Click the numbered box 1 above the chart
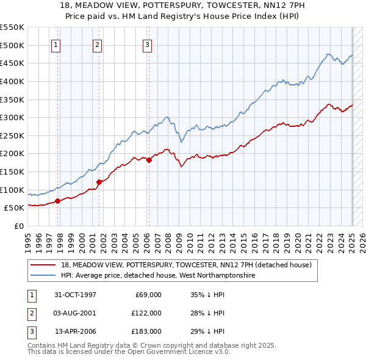coord(56,44)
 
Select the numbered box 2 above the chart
coord(97,44)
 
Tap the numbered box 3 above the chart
coord(148,44)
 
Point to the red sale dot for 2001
coord(99,181)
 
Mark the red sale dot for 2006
coord(149,160)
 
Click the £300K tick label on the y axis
coord(12,117)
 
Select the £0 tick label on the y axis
coord(19,226)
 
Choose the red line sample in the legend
coord(43,265)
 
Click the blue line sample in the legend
coord(43,276)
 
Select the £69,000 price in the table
coord(147,295)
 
